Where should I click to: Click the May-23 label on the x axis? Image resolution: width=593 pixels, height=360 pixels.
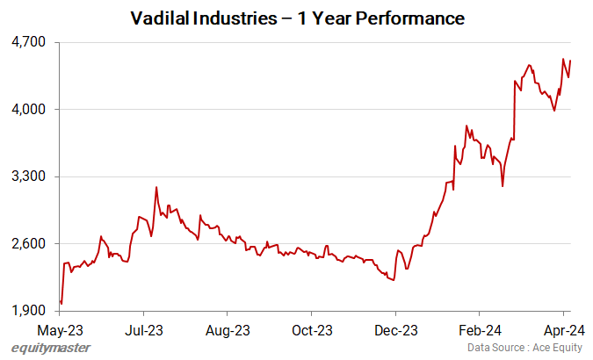click(x=60, y=331)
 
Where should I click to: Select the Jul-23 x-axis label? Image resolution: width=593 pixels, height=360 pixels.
click(x=143, y=331)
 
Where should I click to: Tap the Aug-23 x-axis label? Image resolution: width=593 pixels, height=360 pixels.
click(x=228, y=331)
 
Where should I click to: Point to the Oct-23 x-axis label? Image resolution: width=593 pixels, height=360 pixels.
click(x=312, y=331)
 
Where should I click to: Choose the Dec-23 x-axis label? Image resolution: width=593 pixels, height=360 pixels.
click(x=396, y=331)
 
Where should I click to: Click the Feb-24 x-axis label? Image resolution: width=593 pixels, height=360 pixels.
click(x=480, y=331)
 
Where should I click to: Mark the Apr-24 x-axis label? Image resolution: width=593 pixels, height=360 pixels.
click(x=564, y=331)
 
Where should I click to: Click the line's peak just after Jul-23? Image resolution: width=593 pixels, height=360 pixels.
click(x=155, y=187)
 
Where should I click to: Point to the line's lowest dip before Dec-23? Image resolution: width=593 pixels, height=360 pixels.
click(x=394, y=280)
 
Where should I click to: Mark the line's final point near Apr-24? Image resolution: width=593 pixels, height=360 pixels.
click(x=571, y=61)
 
